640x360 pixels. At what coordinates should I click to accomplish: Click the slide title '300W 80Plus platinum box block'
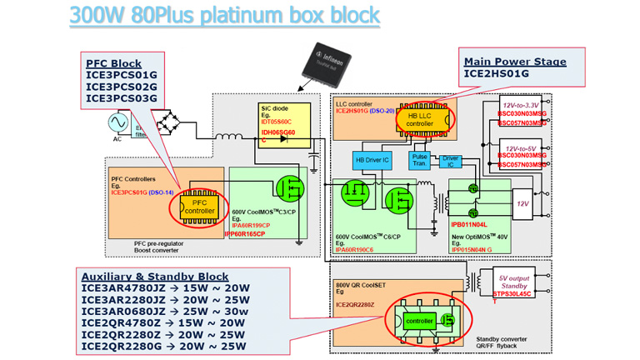coord(224,15)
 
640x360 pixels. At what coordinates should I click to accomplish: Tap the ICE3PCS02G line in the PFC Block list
coord(122,87)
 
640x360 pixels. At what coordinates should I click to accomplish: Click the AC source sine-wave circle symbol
coord(116,123)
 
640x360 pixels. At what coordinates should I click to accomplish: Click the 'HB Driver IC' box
coord(372,159)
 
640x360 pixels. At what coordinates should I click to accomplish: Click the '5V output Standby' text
coord(517,282)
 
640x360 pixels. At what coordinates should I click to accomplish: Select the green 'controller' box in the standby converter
coord(418,320)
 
